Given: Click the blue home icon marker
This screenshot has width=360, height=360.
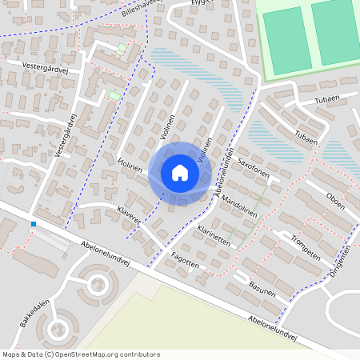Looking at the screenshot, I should pyautogui.click(x=179, y=173).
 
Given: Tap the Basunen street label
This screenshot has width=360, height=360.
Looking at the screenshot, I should pyautogui.click(x=262, y=287).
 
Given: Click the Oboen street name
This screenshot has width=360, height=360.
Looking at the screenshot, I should pyautogui.click(x=335, y=200).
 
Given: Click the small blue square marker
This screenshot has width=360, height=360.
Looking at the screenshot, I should pyautogui.click(x=34, y=224).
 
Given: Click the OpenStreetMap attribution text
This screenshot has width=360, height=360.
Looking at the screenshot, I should pyautogui.click(x=81, y=354).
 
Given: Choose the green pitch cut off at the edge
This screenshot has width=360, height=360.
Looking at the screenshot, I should pyautogui.click(x=336, y=32).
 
